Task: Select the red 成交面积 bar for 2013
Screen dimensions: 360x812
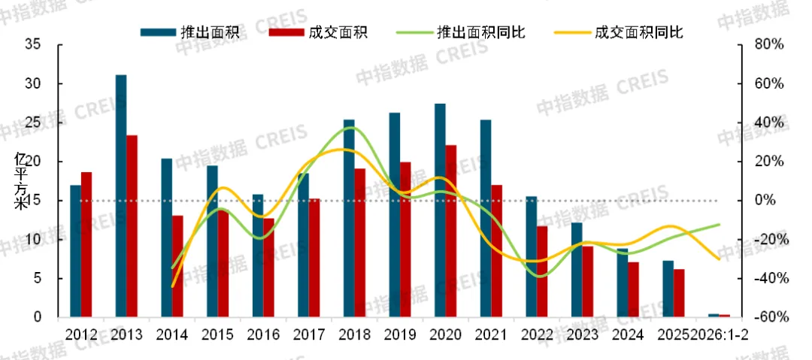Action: (x=132, y=225)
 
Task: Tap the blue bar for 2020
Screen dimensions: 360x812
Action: (x=440, y=210)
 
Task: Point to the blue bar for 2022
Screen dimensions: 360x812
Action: (x=531, y=256)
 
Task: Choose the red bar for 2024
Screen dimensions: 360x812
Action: (x=633, y=289)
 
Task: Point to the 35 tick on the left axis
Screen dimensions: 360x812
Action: (x=32, y=44)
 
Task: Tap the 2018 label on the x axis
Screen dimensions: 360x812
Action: (x=354, y=334)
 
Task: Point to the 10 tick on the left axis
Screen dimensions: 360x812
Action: (x=32, y=240)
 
